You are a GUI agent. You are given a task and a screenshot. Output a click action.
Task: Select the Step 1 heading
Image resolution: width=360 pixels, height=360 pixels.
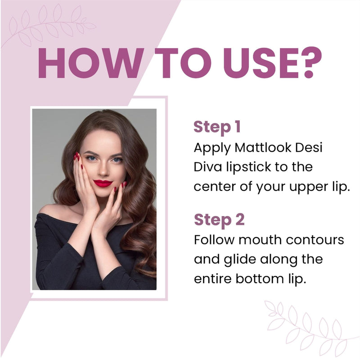(217, 127)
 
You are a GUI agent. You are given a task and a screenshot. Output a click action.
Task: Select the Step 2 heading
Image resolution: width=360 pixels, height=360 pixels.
(219, 220)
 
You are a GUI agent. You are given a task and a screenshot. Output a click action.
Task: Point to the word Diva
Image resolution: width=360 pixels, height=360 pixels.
(208, 167)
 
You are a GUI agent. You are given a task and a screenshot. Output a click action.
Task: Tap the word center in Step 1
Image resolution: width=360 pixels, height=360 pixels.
(214, 187)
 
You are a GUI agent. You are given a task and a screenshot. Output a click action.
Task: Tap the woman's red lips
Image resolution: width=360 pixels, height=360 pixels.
(103, 183)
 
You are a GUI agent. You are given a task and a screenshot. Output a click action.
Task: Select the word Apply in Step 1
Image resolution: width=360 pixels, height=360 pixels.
(210, 148)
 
